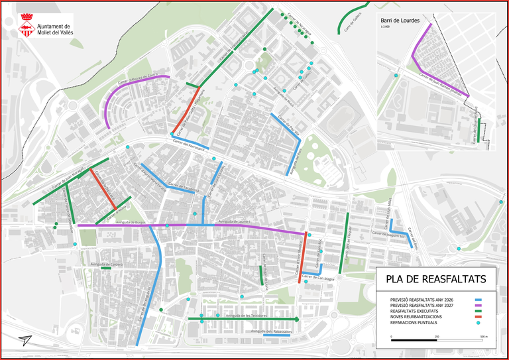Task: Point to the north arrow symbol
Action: pyautogui.click(x=25, y=339)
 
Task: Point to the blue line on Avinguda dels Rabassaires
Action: pyautogui.click(x=276, y=335)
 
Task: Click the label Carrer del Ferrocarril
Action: pyautogui.click(x=186, y=144)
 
